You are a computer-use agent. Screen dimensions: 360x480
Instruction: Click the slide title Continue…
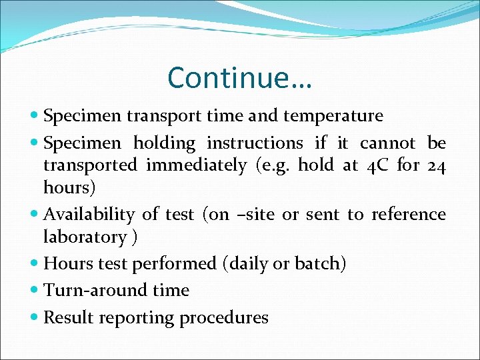tap(240, 78)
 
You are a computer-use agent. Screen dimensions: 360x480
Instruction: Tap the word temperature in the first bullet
tap(333, 117)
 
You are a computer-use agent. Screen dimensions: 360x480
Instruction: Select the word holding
tap(164, 143)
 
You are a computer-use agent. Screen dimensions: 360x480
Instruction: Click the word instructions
tap(255, 143)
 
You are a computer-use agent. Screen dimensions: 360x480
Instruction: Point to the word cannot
tap(387, 143)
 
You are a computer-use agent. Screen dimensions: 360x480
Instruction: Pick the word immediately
tap(196, 165)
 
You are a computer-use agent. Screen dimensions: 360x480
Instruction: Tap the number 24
tap(435, 165)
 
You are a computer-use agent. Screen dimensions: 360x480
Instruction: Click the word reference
tap(408, 215)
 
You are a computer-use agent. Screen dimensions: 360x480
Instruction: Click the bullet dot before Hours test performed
tap(35, 264)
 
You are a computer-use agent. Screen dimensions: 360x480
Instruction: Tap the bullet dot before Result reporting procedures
tap(35, 318)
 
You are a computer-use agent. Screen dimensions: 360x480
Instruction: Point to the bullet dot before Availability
tap(35, 215)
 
